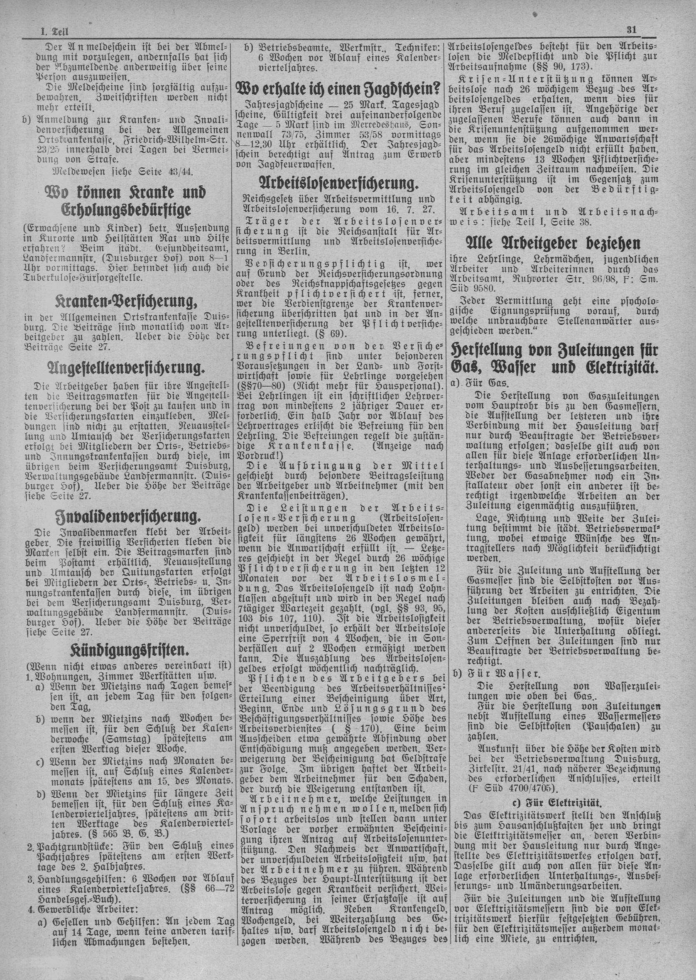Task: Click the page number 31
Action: click(630, 29)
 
